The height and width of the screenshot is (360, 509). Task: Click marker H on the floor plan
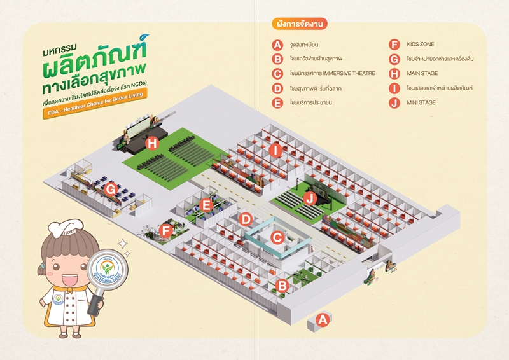pos(151,143)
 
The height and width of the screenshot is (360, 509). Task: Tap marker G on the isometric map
pos(110,189)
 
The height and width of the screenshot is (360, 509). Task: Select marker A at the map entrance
pos(323,320)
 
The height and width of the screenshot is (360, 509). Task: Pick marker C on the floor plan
pos(276,237)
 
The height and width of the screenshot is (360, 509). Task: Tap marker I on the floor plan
pos(275,150)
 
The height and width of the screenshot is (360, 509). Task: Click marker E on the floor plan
pos(206,204)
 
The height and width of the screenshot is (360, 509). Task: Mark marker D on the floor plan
pos(246,219)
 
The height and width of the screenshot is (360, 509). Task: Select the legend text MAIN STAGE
pos(422,74)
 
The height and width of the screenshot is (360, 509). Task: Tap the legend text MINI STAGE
pos(421,102)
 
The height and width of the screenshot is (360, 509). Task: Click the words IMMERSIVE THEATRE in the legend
pos(344,74)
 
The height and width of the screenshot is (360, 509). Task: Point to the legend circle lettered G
pos(394,59)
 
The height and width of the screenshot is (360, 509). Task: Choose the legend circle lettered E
pos(277,102)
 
